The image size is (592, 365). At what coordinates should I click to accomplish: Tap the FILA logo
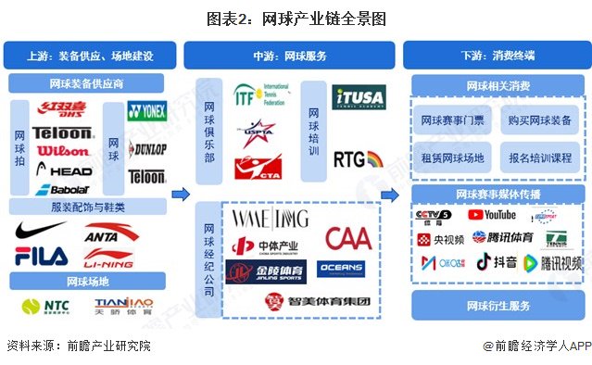coord(41,255)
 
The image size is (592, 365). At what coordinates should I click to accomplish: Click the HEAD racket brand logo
coord(64,171)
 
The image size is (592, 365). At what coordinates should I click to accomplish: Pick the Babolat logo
coord(62,190)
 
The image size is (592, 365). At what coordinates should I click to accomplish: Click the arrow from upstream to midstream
coord(183,195)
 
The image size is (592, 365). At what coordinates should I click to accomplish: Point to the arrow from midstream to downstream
coord(392,195)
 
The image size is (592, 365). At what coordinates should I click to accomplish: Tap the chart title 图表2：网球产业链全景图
coord(296,18)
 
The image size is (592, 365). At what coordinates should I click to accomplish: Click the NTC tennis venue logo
coord(47,306)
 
